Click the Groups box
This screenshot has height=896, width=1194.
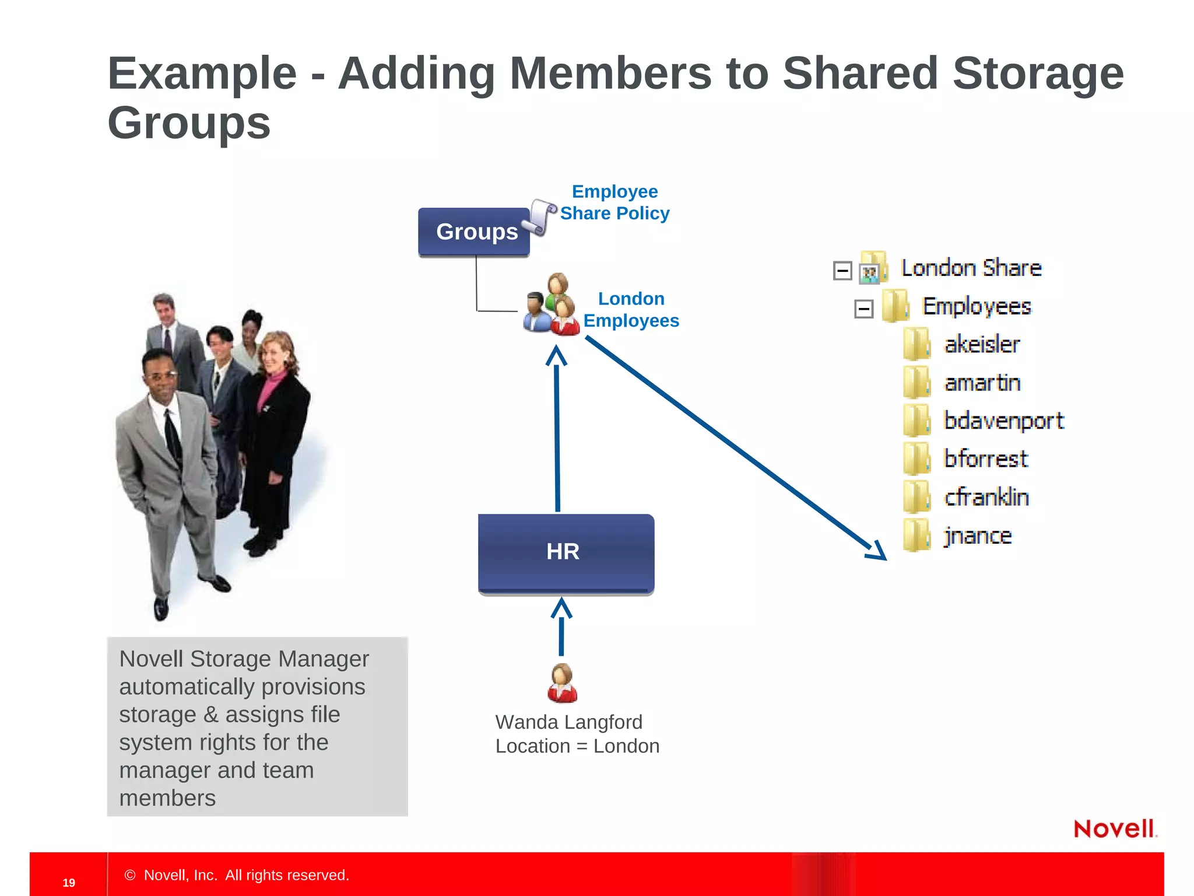(x=473, y=232)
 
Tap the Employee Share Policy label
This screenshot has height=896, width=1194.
(x=614, y=202)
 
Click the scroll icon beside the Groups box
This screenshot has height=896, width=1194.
(x=540, y=217)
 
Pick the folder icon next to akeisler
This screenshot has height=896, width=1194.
(x=916, y=344)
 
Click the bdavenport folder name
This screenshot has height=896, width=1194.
(x=1003, y=421)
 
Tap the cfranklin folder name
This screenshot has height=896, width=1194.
(x=986, y=498)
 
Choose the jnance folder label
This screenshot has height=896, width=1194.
(x=978, y=536)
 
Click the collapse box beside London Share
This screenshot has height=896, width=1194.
(x=842, y=271)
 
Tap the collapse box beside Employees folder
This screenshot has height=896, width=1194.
(x=863, y=309)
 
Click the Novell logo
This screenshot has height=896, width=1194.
(x=1114, y=829)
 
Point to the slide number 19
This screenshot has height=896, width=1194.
(x=69, y=883)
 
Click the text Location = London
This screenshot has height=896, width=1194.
(x=577, y=746)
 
